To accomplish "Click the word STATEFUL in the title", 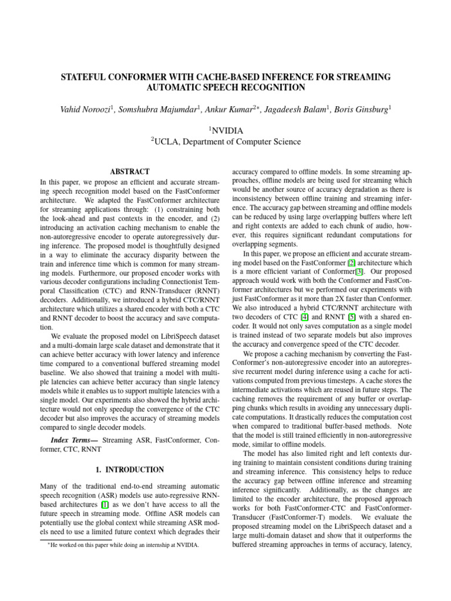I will (x=85, y=77).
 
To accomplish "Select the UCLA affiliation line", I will (x=226, y=141).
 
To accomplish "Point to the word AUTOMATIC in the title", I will (x=176, y=88).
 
